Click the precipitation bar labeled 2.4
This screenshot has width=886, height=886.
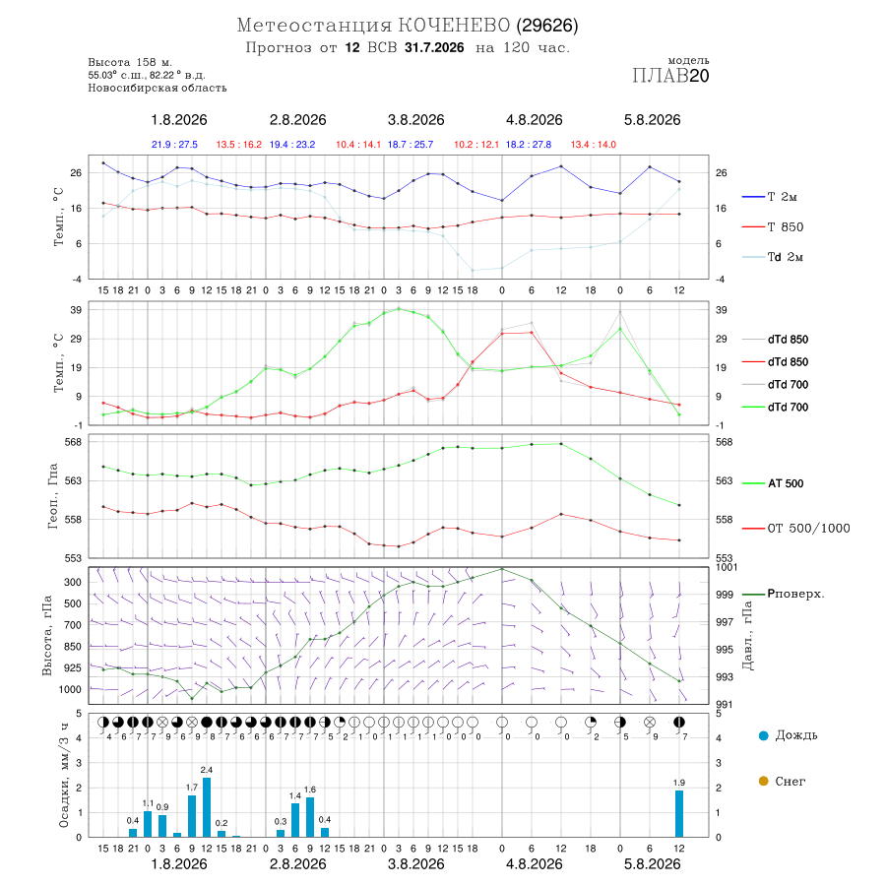(x=207, y=807)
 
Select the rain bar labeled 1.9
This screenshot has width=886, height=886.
(x=679, y=813)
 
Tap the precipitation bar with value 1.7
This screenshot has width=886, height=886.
(x=192, y=816)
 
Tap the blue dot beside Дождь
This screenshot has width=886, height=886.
(x=763, y=735)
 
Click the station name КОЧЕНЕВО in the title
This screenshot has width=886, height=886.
(x=454, y=26)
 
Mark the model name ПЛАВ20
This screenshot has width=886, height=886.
(x=670, y=76)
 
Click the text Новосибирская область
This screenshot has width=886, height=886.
(x=158, y=89)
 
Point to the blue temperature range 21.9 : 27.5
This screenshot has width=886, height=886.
(x=174, y=145)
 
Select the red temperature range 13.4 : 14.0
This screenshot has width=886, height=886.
(x=594, y=145)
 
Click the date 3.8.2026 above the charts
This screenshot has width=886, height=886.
(x=415, y=120)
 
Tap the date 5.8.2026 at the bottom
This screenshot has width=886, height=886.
(x=652, y=864)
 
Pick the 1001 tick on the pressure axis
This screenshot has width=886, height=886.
(x=727, y=567)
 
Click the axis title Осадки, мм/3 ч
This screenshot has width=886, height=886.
(x=63, y=776)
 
